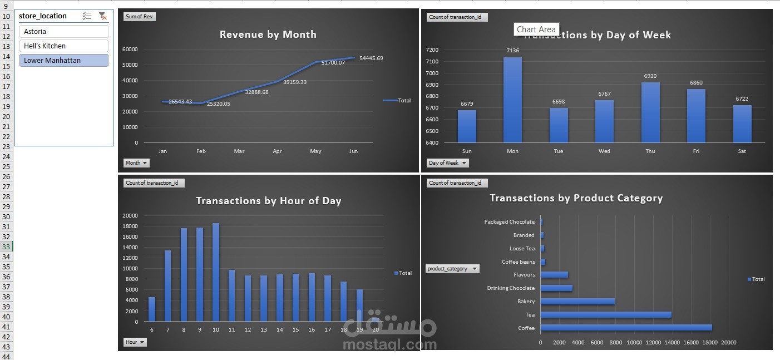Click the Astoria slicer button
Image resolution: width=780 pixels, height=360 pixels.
pos(63,32)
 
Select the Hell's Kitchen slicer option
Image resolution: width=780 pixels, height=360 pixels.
pos(63,46)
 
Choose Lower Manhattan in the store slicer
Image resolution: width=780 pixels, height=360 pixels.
pos(63,61)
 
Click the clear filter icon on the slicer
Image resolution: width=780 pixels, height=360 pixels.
pos(102,16)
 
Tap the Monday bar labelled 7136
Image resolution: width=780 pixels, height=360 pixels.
pos(512,100)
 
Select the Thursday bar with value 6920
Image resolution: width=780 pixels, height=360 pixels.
pos(650,112)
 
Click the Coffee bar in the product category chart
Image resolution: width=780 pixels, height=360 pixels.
pos(626,328)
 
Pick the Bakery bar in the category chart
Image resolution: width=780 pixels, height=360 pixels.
pos(577,302)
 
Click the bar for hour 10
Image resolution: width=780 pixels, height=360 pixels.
pos(216,273)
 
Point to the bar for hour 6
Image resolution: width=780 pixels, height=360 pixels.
pos(152,309)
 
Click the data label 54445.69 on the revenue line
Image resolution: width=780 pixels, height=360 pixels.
pos(371,58)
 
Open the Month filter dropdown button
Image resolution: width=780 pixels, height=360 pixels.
pos(136,163)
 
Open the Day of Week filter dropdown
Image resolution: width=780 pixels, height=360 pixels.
pos(447,163)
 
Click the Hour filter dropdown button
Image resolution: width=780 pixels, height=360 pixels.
pos(135,342)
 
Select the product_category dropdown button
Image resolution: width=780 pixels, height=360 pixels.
pos(452,269)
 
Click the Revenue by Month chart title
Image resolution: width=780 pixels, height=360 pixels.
pos(268,34)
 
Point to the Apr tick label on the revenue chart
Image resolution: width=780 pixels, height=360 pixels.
pos(277,151)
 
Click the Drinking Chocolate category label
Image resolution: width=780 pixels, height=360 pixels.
pos(510,288)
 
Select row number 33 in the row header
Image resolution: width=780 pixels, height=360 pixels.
pos(7,246)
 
